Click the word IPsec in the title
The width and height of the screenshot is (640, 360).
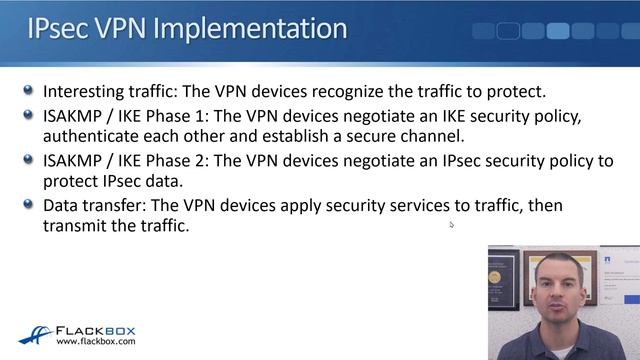coord(59,29)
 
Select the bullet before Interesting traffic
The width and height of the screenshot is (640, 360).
coord(29,90)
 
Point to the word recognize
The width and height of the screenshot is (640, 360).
coord(334,92)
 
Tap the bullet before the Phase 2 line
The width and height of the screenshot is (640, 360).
coord(29,159)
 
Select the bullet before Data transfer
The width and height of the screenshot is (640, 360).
coord(29,203)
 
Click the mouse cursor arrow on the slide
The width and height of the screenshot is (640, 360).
coord(452,225)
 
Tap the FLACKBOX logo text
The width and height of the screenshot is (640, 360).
coord(95,329)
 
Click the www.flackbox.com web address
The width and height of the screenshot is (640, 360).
coord(96,342)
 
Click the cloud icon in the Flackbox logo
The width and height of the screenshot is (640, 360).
coord(35,334)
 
